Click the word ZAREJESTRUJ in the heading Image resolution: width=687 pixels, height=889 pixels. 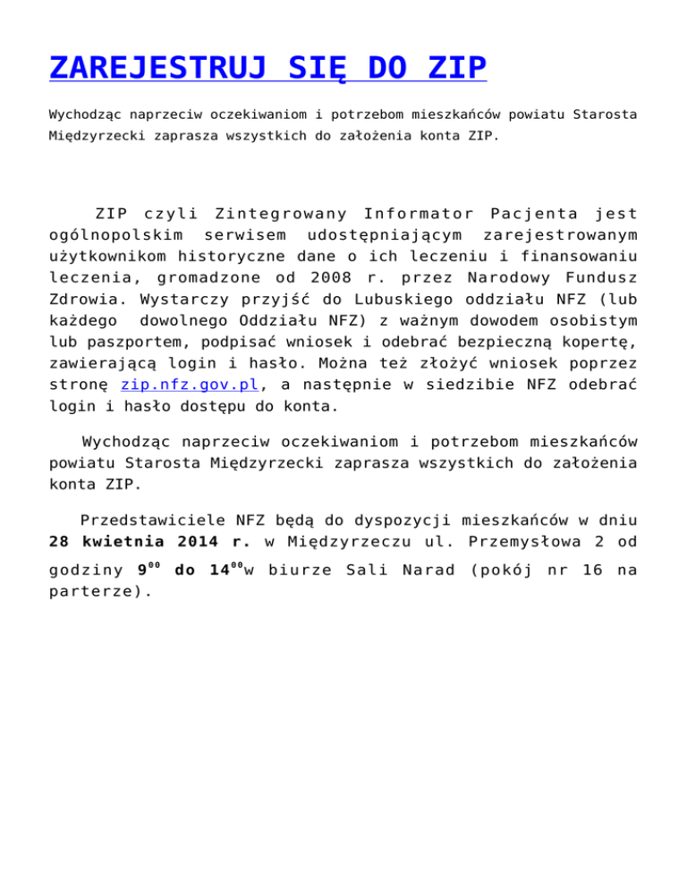click(x=157, y=69)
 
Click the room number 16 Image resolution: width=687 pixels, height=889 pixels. click(x=591, y=569)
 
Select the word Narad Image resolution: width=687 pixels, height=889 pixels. click(x=419, y=569)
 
